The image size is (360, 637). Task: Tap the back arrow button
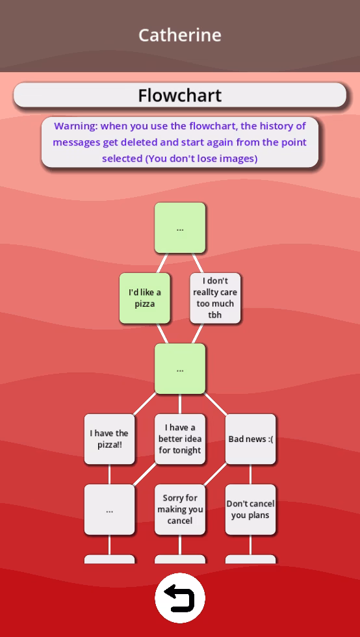coord(180,598)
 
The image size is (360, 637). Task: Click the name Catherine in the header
coord(180,35)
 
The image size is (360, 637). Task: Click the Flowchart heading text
coord(180,96)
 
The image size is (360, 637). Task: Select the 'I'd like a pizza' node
coord(145,298)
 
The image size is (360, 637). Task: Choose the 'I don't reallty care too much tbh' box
coord(215,298)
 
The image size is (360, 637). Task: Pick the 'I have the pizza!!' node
coord(109,439)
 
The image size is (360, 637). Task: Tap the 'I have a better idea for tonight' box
coord(180,439)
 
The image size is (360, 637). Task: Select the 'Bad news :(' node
coord(251,439)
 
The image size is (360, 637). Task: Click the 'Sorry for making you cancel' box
coord(180,510)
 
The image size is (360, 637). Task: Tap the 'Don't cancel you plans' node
coord(251,510)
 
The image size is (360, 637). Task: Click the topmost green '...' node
coord(180,228)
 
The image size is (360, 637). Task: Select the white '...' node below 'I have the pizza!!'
coord(109,510)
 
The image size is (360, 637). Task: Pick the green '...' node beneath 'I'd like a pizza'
coord(180,369)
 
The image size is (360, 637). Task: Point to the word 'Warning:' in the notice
coord(76,126)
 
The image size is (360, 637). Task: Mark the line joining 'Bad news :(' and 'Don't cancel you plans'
coord(251,474)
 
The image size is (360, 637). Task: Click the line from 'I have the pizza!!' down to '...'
coord(109,474)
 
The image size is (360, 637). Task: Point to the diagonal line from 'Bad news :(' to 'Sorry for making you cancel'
coord(215,474)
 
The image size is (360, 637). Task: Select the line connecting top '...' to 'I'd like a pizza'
coord(162,263)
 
